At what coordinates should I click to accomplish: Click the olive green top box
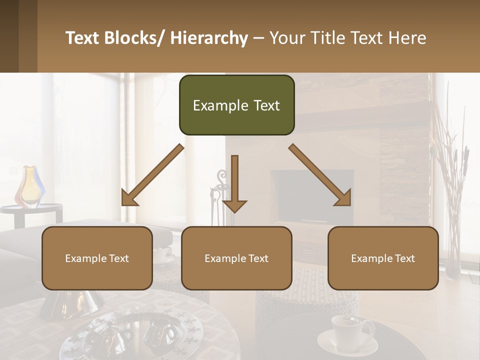tap(236, 105)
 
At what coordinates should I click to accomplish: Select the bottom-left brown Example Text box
tap(97, 258)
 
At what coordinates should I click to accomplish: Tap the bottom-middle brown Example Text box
tap(236, 258)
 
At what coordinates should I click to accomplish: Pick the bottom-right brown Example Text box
tap(383, 258)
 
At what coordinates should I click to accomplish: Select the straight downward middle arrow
tap(234, 183)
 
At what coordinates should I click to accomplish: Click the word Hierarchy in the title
tap(209, 38)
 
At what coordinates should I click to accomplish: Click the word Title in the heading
tap(328, 38)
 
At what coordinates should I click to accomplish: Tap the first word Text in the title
tap(83, 38)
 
